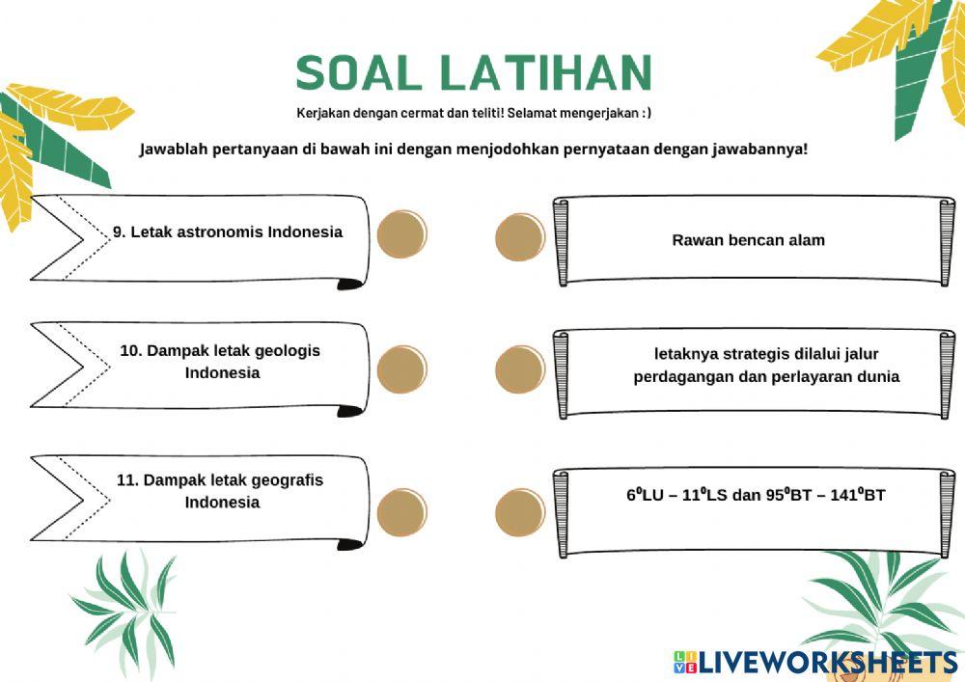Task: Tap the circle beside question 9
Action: pyautogui.click(x=401, y=234)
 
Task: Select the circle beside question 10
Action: pyautogui.click(x=401, y=368)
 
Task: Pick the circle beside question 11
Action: pyautogui.click(x=401, y=511)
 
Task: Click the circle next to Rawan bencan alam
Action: pyautogui.click(x=520, y=237)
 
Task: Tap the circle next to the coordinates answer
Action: pyautogui.click(x=520, y=511)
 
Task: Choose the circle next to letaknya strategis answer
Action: pyautogui.click(x=520, y=368)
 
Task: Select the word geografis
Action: pyautogui.click(x=287, y=479)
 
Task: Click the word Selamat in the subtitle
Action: pyautogui.click(x=526, y=113)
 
